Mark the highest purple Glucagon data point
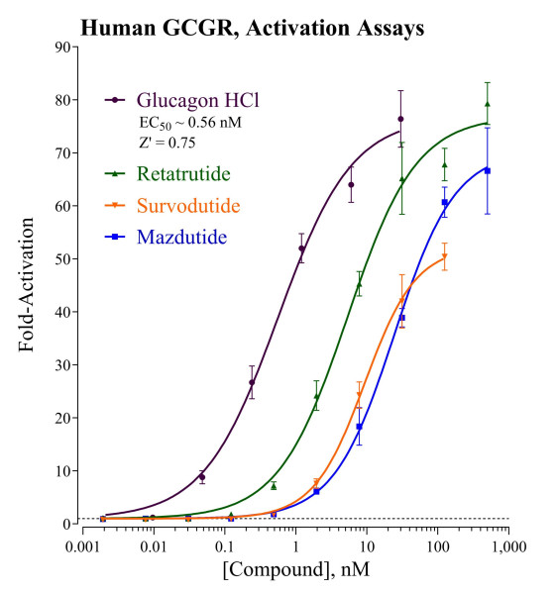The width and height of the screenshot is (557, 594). (x=400, y=119)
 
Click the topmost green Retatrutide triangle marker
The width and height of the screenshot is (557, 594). (x=488, y=104)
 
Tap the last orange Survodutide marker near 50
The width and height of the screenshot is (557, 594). (x=444, y=256)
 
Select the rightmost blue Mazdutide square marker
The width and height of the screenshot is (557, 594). (x=488, y=171)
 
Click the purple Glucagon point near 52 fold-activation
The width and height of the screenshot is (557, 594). (x=301, y=248)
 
